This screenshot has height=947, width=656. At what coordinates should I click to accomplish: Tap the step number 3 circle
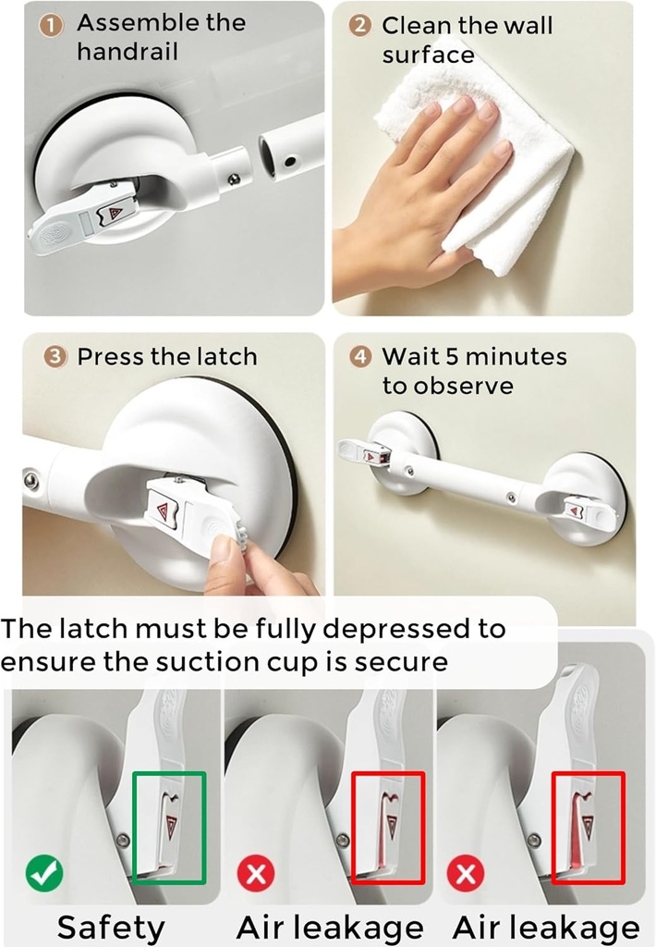pos(55,357)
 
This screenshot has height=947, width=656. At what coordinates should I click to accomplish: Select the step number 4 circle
pos(361,357)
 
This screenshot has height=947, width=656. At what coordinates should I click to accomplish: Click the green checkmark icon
pos(43,872)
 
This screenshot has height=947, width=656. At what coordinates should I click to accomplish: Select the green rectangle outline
pos(169,826)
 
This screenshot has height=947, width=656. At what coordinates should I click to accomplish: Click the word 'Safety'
pos(111,927)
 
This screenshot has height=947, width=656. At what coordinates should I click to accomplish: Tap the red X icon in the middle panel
pos(256,872)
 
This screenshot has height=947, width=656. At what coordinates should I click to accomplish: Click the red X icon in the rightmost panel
pos(467,872)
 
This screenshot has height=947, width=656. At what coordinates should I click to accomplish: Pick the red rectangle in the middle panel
pos(388,826)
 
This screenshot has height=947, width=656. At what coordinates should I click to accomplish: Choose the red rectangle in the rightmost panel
pos(589,826)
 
